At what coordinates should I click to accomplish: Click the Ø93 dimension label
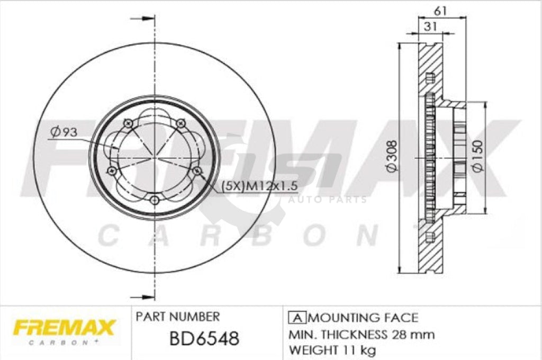click(x=64, y=133)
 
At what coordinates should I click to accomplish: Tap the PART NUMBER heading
click(x=178, y=317)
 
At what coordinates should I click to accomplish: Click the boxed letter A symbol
click(x=297, y=318)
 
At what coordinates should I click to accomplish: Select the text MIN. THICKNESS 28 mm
click(x=362, y=335)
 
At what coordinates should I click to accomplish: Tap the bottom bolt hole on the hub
click(x=154, y=200)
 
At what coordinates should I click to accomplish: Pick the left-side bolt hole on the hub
click(x=111, y=170)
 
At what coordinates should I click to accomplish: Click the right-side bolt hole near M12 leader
click(x=197, y=170)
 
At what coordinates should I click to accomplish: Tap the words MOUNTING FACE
click(x=363, y=318)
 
